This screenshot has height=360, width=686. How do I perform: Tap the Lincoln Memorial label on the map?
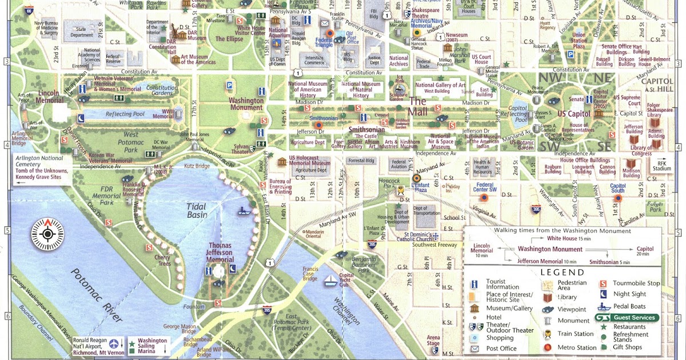coord(50,96)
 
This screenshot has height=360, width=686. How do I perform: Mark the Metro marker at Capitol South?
coord(617,198)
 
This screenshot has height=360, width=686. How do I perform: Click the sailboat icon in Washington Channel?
coord(331,281)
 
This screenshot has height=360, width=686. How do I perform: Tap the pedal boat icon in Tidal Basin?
coord(245,210)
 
